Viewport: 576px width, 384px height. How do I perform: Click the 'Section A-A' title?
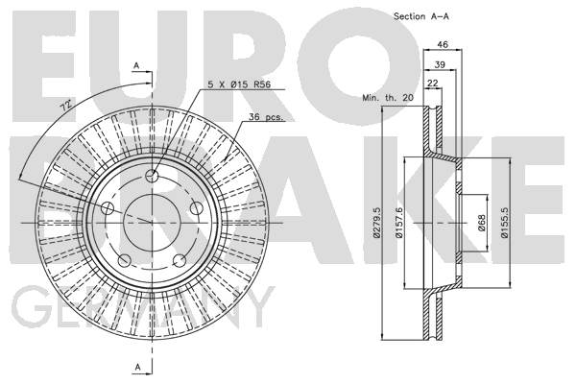click(421, 16)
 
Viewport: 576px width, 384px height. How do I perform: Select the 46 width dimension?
click(443, 44)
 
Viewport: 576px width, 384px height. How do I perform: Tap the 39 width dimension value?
click(440, 64)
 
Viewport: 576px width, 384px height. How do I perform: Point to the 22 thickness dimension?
click(433, 84)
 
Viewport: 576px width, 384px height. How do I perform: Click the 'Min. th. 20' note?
click(388, 98)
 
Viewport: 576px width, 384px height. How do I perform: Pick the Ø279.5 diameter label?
click(375, 223)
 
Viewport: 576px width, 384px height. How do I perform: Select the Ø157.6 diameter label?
click(399, 223)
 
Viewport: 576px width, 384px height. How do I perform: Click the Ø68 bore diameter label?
click(482, 223)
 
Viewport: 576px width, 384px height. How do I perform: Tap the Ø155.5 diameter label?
click(504, 223)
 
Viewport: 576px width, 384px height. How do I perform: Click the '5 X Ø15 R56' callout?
click(239, 84)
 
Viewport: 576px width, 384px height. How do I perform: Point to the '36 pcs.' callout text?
click(266, 117)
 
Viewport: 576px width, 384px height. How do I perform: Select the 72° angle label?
click(66, 105)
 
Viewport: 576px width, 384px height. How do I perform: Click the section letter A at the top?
click(136, 66)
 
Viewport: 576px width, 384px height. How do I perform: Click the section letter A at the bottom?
click(137, 367)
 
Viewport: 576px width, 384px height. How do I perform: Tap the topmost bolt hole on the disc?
click(152, 177)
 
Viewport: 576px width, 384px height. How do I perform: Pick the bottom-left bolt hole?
click(124, 260)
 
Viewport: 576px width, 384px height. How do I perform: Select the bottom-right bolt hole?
click(180, 260)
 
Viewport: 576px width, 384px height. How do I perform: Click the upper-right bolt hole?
click(197, 208)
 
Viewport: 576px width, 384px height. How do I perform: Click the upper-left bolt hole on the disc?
click(108, 208)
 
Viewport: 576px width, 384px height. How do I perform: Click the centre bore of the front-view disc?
click(152, 223)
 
